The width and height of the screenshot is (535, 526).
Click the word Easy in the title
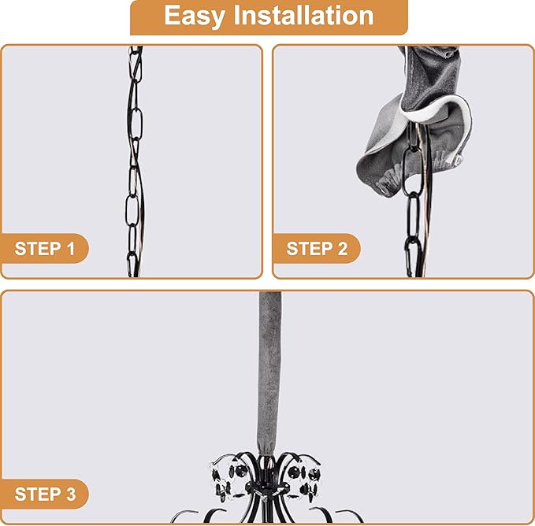pos(195,16)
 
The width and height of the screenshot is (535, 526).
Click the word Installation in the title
pos(303,15)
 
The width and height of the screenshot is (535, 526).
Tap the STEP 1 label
pos(45,249)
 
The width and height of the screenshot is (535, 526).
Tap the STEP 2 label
pos(317,249)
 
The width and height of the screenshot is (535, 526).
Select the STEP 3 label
pos(45,494)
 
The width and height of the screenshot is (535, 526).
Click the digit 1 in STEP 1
pos(71,249)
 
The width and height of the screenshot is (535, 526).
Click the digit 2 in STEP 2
pos(343,249)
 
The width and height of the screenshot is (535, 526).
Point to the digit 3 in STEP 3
pos(70,494)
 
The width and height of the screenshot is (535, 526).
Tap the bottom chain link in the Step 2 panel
pos(413,257)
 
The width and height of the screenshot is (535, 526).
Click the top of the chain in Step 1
pos(136,50)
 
